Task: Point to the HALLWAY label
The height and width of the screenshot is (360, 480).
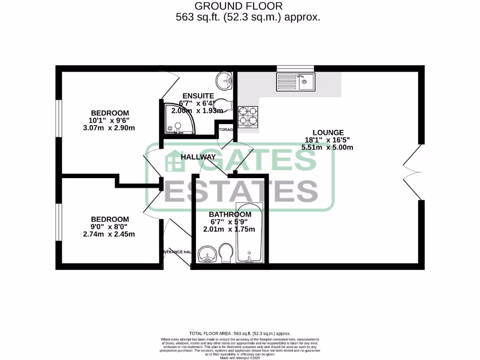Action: coord(198,157)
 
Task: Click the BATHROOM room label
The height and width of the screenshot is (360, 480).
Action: coord(230,215)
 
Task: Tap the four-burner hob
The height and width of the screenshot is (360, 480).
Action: coord(248,117)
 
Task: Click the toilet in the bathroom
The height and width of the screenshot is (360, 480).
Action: coord(225,253)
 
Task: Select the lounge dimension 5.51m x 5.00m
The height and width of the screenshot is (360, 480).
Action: coord(327,147)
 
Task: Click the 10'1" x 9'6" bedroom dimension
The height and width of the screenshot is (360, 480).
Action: coord(109,120)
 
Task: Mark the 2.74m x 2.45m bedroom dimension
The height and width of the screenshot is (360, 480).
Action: coord(110,234)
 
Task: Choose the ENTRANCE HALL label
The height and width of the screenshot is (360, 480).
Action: coord(177,252)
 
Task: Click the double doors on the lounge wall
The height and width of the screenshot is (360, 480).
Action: coord(412,173)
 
